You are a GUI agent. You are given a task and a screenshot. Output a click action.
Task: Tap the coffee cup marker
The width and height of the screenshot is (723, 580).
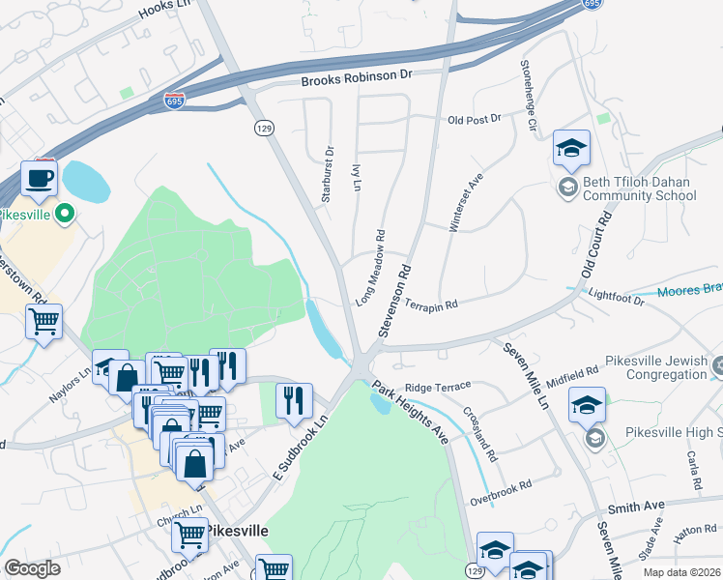coord(39,179)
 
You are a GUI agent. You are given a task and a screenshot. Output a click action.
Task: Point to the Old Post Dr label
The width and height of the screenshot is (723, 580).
coord(475,119)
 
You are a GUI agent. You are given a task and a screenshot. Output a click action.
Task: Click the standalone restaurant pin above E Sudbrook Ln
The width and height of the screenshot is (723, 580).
coord(294,400)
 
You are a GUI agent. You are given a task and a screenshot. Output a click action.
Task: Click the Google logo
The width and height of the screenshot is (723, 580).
coord(32,568)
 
